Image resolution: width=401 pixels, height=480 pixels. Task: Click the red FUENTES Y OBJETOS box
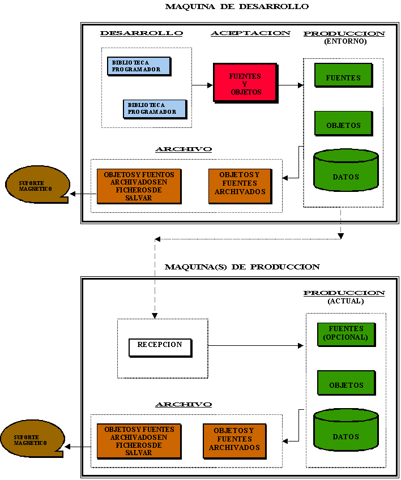click(246, 83)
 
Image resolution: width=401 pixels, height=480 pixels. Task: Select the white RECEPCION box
click(160, 348)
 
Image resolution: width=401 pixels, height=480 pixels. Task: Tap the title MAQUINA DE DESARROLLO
click(237, 6)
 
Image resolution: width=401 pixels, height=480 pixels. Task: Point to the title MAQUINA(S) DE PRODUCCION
click(242, 267)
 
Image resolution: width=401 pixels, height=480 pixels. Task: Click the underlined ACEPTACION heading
click(250, 33)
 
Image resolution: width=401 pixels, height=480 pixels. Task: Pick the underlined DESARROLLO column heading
click(142, 33)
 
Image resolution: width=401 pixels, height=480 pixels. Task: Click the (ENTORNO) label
click(345, 41)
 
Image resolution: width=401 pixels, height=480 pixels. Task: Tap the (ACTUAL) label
click(345, 301)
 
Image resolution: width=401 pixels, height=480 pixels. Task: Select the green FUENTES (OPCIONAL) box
click(347, 335)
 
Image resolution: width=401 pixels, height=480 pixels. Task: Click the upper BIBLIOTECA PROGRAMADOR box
click(139, 66)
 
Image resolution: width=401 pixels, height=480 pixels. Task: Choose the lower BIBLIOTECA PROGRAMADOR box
click(155, 109)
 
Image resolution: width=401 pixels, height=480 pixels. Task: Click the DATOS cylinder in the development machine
click(346, 170)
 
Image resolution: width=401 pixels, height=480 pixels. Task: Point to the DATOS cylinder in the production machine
click(346, 430)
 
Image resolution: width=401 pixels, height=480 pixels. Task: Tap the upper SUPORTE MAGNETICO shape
click(37, 185)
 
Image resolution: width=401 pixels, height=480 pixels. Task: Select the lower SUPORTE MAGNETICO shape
click(32, 438)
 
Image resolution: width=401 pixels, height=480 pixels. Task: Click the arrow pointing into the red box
click(203, 85)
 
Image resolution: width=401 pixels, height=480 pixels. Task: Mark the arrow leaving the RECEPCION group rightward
click(256, 346)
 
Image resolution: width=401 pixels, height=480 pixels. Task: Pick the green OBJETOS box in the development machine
click(344, 123)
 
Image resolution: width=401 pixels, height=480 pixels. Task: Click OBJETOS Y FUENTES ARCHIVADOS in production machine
click(234, 441)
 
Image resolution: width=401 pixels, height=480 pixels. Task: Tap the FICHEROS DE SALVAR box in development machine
click(139, 186)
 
